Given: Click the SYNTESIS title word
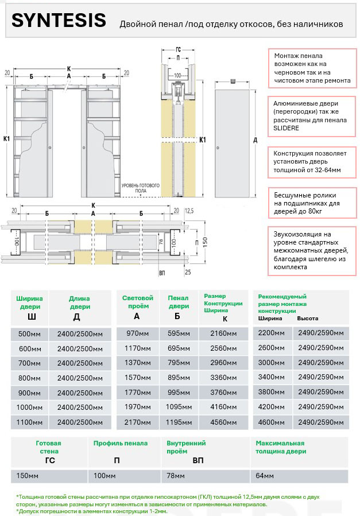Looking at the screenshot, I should pyautogui.click(x=59, y=21).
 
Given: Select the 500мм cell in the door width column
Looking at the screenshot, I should pyautogui.click(x=29, y=334).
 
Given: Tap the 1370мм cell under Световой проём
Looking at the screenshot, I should pyautogui.click(x=137, y=363).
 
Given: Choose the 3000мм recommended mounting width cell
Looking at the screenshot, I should pyautogui.click(x=272, y=363).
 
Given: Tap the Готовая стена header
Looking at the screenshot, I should pyautogui.click(x=48, y=447).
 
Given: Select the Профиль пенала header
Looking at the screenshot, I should pyautogui.click(x=120, y=443).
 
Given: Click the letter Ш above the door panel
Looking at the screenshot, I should pyautogui.click(x=233, y=82).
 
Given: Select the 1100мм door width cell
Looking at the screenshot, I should pyautogui.click(x=29, y=422).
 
